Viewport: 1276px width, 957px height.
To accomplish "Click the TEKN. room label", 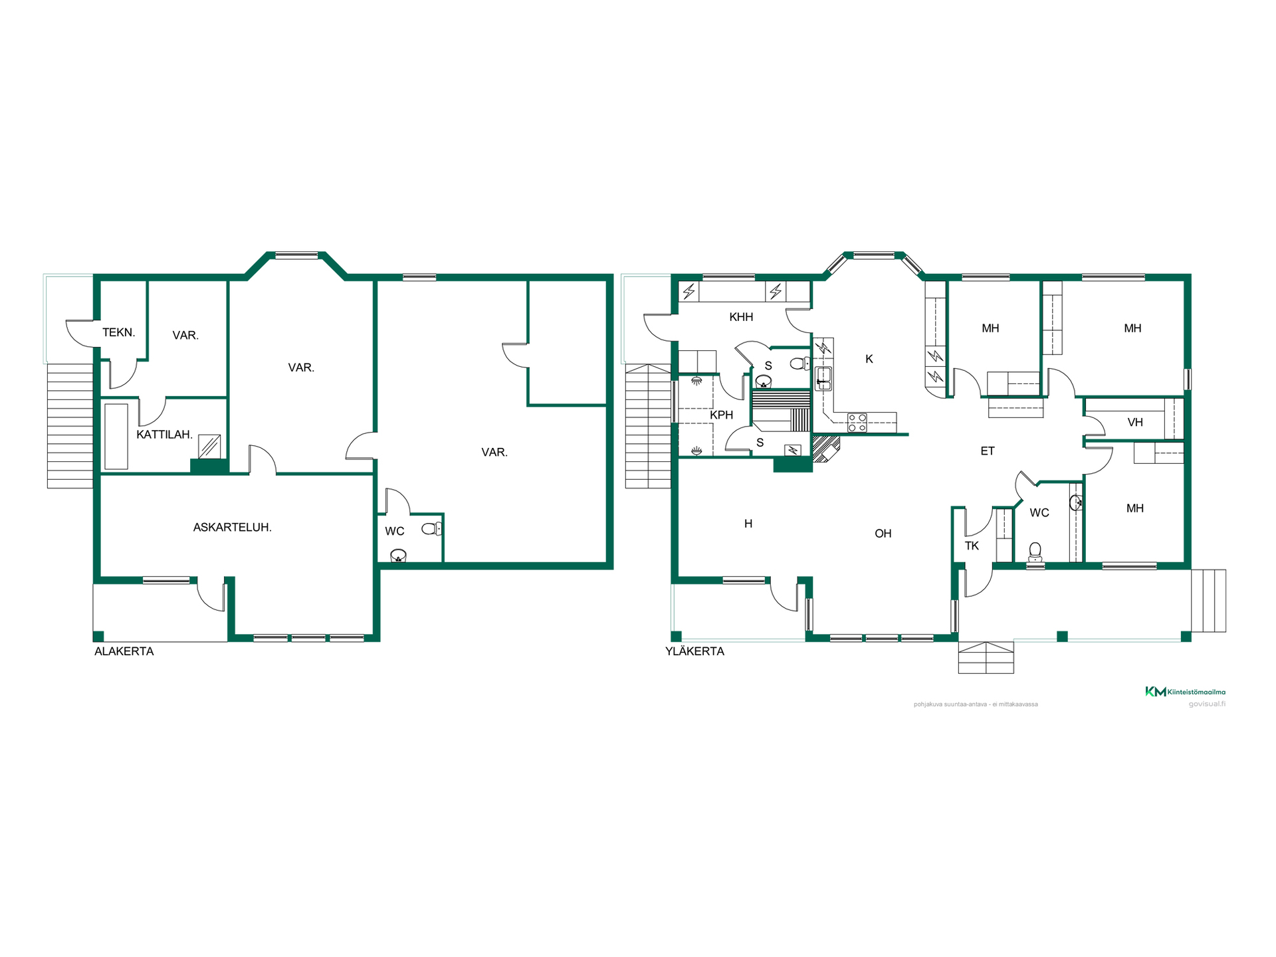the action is [x=119, y=332].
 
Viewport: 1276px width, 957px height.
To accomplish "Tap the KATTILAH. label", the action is [x=164, y=435].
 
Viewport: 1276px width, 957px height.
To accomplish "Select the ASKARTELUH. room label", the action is [x=232, y=528].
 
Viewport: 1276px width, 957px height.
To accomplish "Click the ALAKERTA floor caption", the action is [x=124, y=651].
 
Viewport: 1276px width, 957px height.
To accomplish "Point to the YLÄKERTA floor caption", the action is [x=694, y=651].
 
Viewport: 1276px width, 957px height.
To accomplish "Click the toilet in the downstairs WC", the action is [x=432, y=529].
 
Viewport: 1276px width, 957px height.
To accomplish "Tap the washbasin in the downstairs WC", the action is [x=398, y=556].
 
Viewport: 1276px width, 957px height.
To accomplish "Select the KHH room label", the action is [x=741, y=317].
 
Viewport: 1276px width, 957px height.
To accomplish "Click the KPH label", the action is [x=721, y=415].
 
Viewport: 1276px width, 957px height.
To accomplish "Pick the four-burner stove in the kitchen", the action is [x=857, y=423].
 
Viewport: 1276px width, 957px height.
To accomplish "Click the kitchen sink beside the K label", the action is [x=823, y=378].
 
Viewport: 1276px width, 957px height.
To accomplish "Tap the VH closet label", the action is [x=1135, y=422].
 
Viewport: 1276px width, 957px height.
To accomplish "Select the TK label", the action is [x=972, y=546].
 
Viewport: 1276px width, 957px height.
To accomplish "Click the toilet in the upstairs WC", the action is [x=1035, y=553].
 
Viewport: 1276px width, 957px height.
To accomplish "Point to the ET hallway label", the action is [x=988, y=451].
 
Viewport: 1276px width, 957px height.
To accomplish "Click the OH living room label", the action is [x=883, y=534].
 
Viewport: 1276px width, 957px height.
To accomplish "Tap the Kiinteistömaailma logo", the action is [x=1185, y=692].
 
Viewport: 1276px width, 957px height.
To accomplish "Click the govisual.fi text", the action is [x=1207, y=704].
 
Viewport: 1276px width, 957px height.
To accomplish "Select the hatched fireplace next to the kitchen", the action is [x=826, y=447].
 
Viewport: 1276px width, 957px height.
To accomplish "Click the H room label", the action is [x=748, y=524].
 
